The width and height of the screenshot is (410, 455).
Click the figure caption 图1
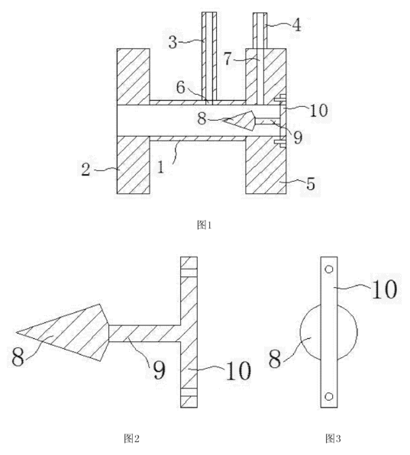pos(205,225)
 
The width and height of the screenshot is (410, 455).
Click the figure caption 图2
pos(131,438)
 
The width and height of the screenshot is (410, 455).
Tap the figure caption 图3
pos(333,438)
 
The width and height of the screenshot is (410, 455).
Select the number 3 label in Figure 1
pos(173,42)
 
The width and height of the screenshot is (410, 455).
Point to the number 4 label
pos(296,25)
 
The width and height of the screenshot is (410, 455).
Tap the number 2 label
pos(86,169)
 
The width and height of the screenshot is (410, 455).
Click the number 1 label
pos(160,167)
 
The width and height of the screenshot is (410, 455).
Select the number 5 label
pos(311,184)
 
